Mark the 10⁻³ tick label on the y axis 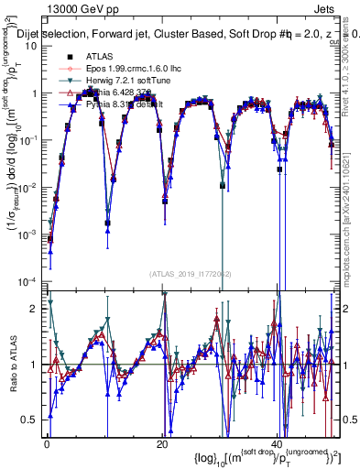pyautogui.click(x=29, y=233)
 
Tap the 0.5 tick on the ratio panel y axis pyautogui.click(x=32, y=419)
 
